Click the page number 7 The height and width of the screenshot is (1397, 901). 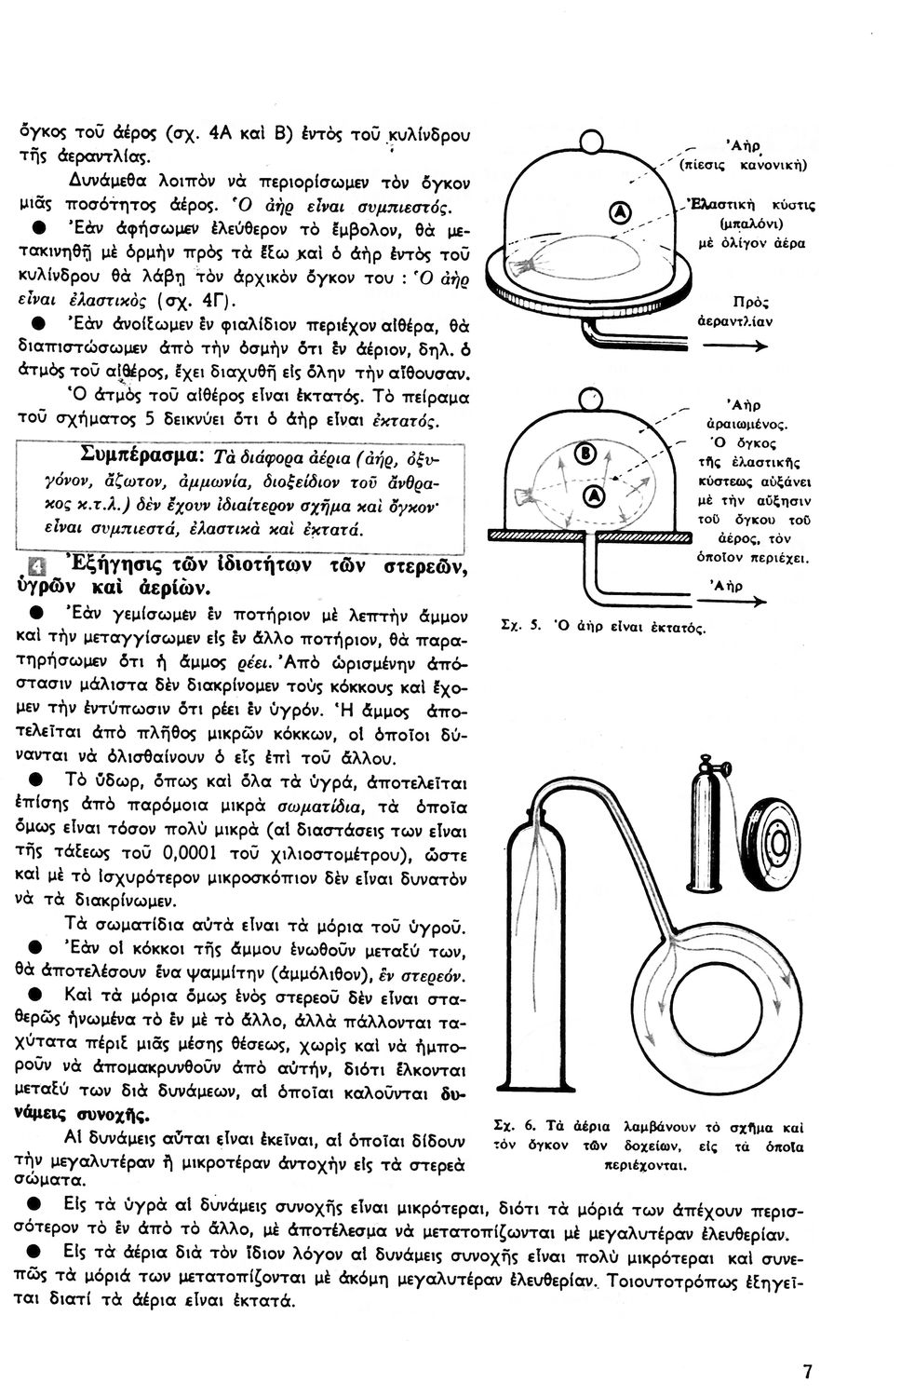point(806,1371)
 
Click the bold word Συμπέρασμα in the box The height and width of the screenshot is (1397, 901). point(140,455)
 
